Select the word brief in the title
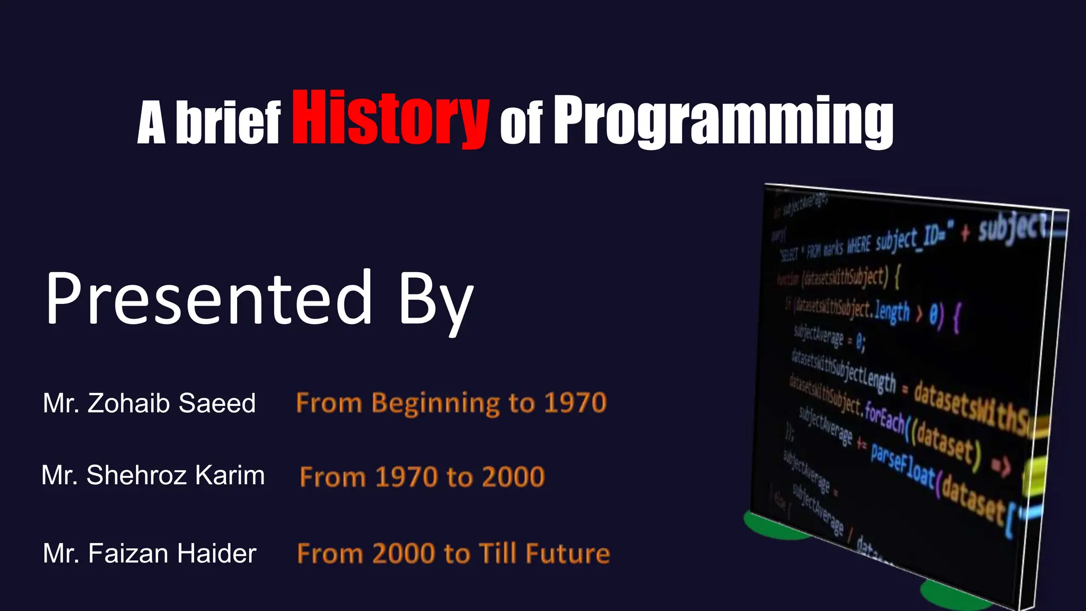(228, 123)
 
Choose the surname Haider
(217, 553)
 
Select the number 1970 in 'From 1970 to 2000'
(406, 477)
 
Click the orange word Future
(568, 553)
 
